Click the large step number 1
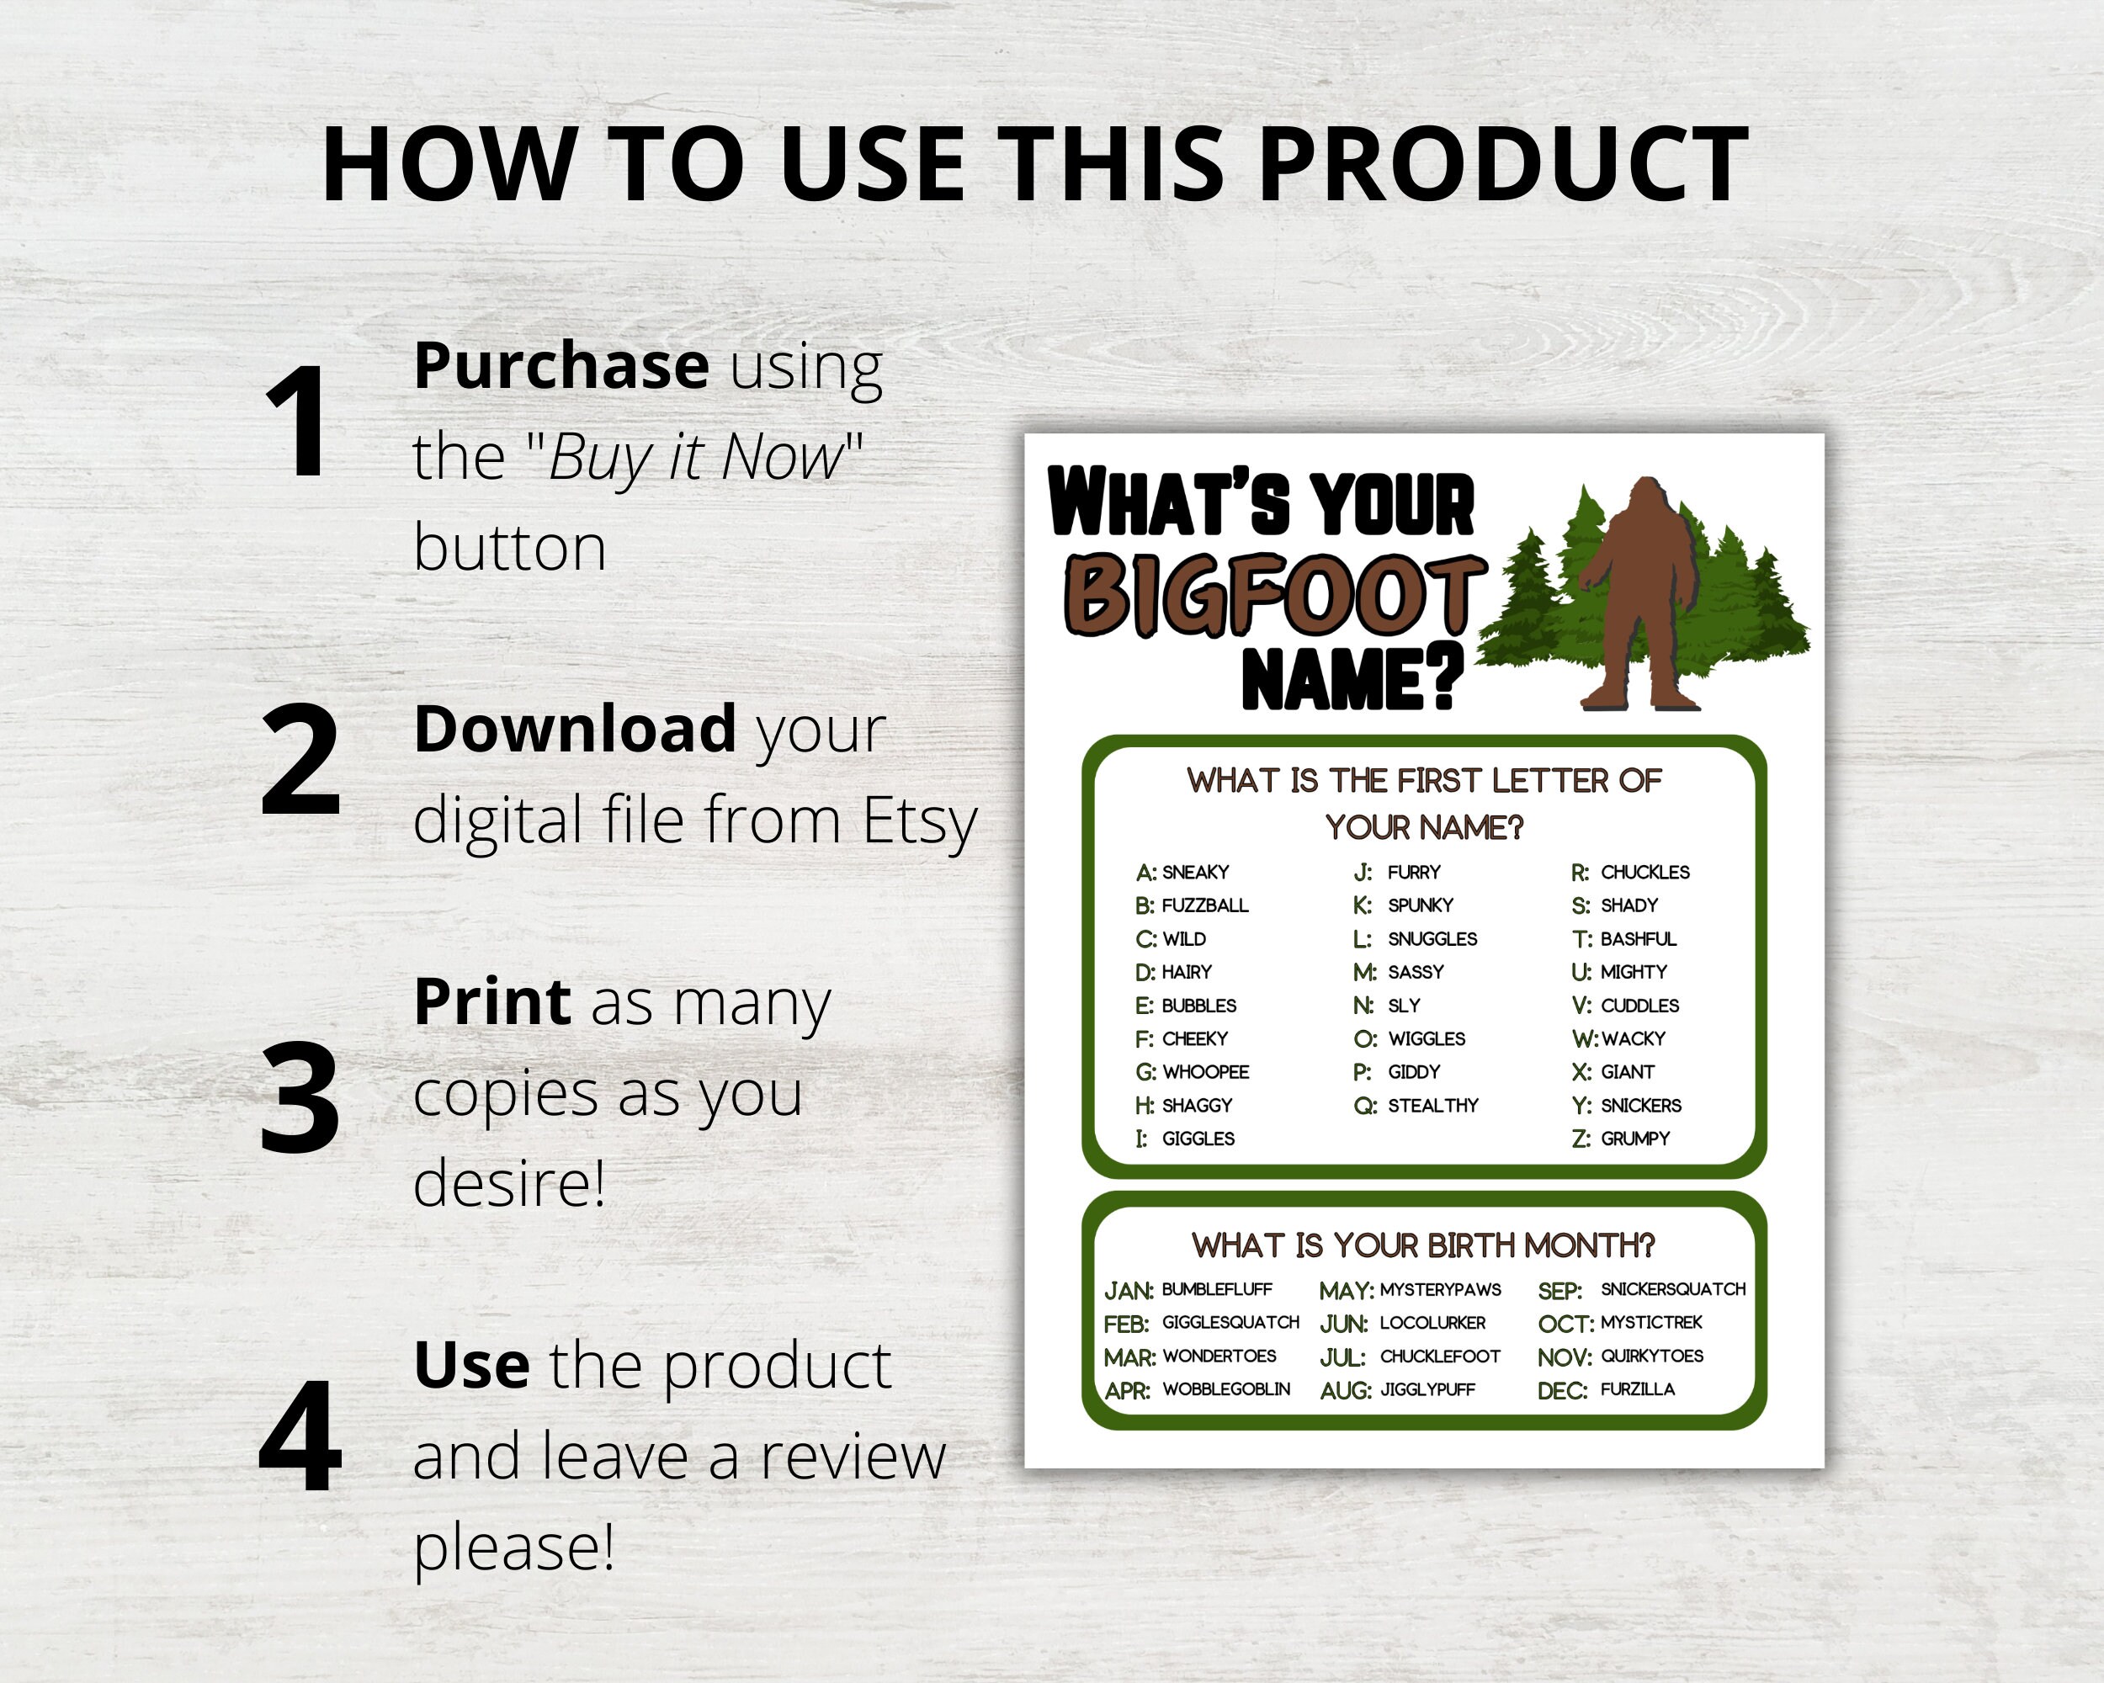tap(297, 422)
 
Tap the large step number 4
tap(300, 1436)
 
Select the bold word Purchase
tap(561, 366)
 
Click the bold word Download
tap(575, 729)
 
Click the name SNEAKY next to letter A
tap(1195, 873)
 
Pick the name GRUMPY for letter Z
tap(1634, 1139)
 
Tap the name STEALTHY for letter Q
tap(1432, 1106)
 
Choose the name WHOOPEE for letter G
tap(1205, 1072)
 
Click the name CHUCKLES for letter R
tap(1644, 873)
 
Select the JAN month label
tap(1128, 1291)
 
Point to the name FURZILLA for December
tap(1638, 1389)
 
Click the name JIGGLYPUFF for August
tap(1427, 1389)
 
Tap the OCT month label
tap(1565, 1324)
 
